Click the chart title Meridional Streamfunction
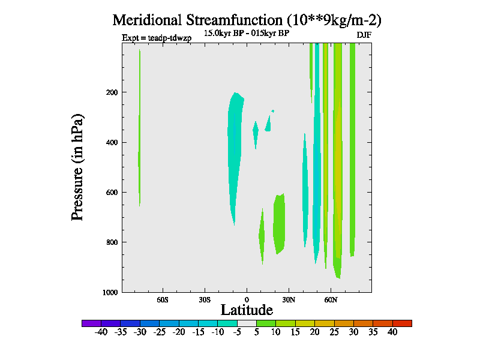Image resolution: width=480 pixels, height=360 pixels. point(247,20)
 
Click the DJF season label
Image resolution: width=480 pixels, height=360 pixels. point(364,35)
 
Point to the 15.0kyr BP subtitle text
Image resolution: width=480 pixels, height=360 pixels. point(247,34)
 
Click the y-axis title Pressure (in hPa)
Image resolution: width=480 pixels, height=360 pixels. point(77,167)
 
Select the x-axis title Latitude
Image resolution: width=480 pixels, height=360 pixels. point(247,310)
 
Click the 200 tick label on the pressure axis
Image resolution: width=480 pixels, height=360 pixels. point(110,92)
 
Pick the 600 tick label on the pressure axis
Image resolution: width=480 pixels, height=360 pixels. point(110,193)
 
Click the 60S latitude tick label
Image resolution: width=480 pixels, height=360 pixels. point(163,299)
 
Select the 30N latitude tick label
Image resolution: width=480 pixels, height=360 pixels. point(289,299)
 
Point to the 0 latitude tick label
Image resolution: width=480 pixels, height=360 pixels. point(247,299)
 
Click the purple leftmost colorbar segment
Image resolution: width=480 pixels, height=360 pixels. point(91,323)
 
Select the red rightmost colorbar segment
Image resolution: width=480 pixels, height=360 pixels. point(402,323)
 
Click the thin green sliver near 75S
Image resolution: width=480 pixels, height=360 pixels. point(139,150)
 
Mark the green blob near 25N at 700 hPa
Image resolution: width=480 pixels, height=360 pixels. point(279,222)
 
